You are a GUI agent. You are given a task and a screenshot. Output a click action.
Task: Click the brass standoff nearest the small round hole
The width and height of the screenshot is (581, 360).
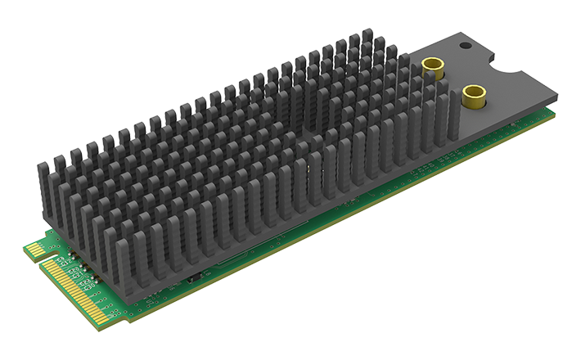tap(433, 68)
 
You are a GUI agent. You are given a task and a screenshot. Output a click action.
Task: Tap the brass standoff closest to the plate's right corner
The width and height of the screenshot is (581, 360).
tap(472, 97)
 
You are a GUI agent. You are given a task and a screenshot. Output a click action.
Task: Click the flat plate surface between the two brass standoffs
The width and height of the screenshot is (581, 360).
tap(454, 82)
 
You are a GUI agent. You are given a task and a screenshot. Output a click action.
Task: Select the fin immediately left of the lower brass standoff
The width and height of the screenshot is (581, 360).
tap(442, 115)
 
